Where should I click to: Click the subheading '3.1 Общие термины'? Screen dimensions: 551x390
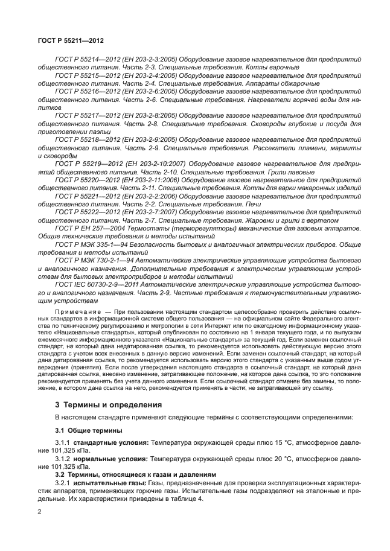pyautogui.click(x=88, y=430)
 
